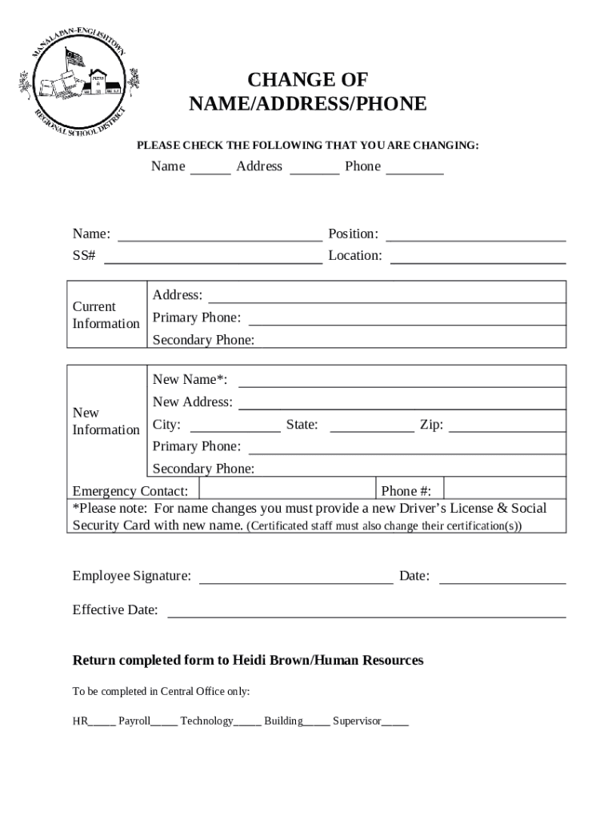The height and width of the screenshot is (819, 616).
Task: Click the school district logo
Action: coord(78,82)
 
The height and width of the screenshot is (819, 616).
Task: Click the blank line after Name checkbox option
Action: coord(210,170)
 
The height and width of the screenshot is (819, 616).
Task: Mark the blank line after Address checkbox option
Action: coord(314,170)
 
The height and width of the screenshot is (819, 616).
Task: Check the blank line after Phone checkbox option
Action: coord(414,170)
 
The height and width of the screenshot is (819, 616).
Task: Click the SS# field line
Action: coord(213,260)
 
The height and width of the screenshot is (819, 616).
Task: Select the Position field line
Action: coord(476,238)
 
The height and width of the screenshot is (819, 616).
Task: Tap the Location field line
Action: coord(478,260)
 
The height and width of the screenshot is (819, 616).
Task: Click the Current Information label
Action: coord(106,315)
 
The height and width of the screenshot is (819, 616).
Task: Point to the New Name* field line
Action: coord(402,383)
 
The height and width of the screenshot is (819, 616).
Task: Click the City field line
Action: coord(234,429)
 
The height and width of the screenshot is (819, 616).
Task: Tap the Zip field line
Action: coord(507,429)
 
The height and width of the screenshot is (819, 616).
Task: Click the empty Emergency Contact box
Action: coord(287,489)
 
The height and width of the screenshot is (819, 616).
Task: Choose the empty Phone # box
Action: coord(504,489)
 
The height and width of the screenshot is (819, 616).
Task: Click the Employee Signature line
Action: coord(295,581)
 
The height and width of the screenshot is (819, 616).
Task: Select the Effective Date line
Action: coord(366,615)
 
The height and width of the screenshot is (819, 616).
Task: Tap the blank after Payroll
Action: coord(164,722)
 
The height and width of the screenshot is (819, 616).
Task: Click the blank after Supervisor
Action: coord(395,722)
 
